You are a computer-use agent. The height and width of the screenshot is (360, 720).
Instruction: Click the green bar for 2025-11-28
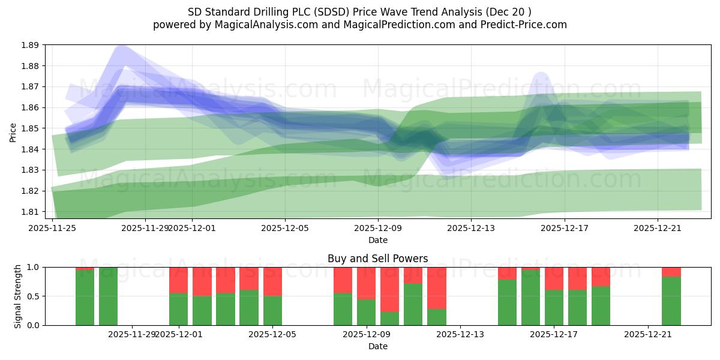(x=108, y=296)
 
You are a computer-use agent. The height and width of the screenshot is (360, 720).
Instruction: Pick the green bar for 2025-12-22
(x=671, y=301)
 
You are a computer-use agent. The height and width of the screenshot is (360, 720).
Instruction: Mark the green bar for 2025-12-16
(x=530, y=298)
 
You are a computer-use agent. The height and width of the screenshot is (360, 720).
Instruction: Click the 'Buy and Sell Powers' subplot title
(x=377, y=259)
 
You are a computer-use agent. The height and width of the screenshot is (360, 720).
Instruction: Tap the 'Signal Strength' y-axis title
(x=17, y=296)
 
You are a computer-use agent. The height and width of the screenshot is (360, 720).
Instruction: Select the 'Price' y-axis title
(x=13, y=132)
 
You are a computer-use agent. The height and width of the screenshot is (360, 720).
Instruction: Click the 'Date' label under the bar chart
(x=377, y=346)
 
